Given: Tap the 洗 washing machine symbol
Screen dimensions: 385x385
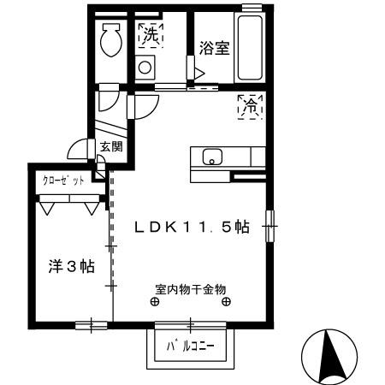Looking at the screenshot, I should tap(151, 35).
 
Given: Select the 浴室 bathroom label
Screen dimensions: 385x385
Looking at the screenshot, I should tap(215, 48).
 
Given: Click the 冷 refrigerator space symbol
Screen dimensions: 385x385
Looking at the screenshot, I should tap(250, 107).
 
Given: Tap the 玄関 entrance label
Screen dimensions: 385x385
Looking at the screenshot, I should tap(110, 147).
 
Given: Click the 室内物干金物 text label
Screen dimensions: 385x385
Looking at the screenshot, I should tap(190, 288).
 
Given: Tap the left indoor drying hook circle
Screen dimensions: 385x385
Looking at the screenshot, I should tap(155, 301).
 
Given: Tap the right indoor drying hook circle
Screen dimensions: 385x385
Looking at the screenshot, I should tap(226, 301).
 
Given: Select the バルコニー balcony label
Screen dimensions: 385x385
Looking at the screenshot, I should tap(190, 346).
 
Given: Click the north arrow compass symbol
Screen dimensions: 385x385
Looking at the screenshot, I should tap(328, 355).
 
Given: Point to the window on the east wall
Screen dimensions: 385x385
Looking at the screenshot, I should tap(270, 225).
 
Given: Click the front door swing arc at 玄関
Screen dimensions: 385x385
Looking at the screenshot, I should tap(79, 148).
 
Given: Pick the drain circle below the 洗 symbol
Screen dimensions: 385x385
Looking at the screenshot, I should tap(145, 67).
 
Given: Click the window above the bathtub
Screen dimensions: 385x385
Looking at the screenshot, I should tap(250, 8).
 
